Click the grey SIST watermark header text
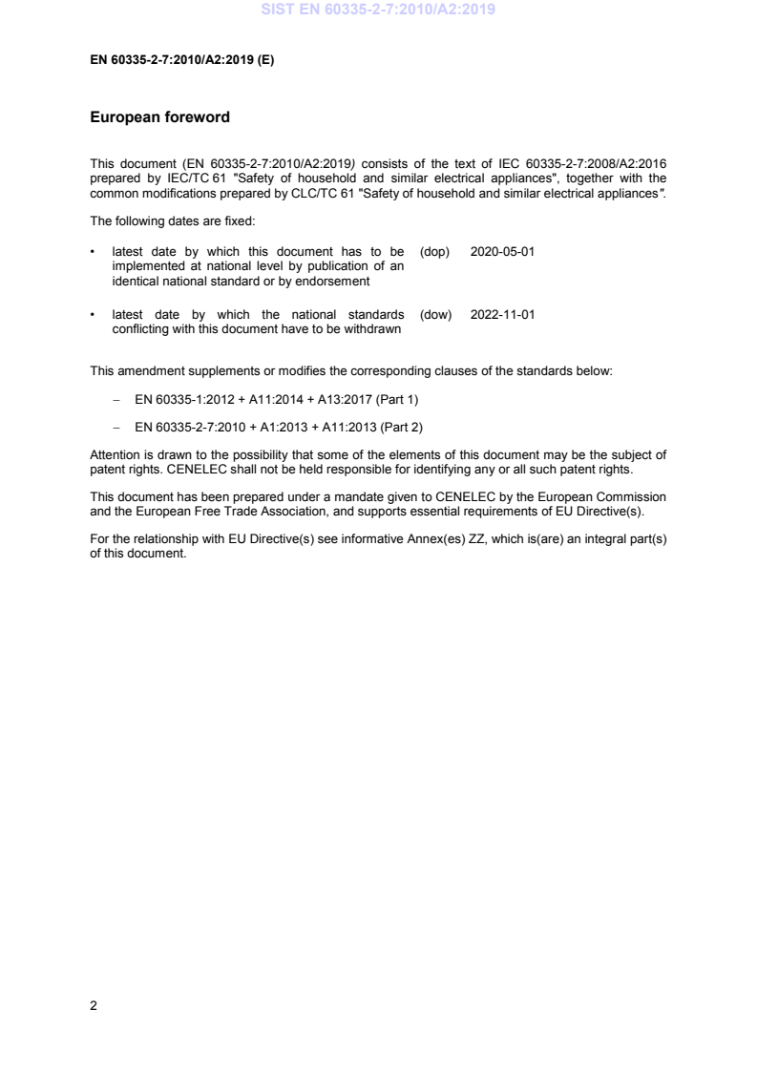coord(378,10)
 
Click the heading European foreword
coord(159,118)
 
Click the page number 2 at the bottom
coord(94,1005)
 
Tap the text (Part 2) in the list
coord(397,426)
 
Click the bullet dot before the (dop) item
coord(93,251)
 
